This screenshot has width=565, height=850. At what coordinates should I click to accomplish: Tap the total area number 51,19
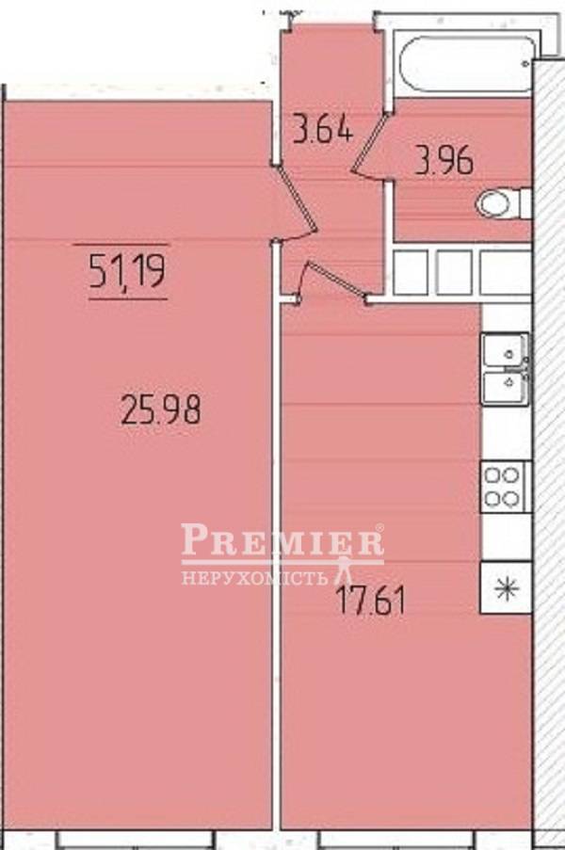pyautogui.click(x=127, y=271)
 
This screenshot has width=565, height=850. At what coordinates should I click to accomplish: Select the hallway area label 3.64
pyautogui.click(x=323, y=128)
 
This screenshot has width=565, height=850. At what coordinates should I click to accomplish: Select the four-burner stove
pyautogui.click(x=503, y=487)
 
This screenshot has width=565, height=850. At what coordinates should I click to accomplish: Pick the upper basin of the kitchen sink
pyautogui.click(x=505, y=349)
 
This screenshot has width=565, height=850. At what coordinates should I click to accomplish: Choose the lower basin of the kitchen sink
pyautogui.click(x=505, y=387)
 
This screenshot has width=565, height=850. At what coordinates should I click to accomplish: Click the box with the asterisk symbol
pyautogui.click(x=506, y=587)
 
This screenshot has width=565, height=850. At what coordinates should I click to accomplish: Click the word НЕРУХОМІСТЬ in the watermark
pyautogui.click(x=255, y=577)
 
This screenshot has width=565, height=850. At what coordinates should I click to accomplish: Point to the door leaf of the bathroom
pyautogui.click(x=370, y=142)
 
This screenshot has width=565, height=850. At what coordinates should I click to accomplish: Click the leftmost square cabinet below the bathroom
pyautogui.click(x=411, y=272)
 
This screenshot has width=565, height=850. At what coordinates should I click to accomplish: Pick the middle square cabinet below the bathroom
pyautogui.click(x=454, y=272)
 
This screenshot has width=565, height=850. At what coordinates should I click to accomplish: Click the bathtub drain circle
pyautogui.click(x=525, y=63)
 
